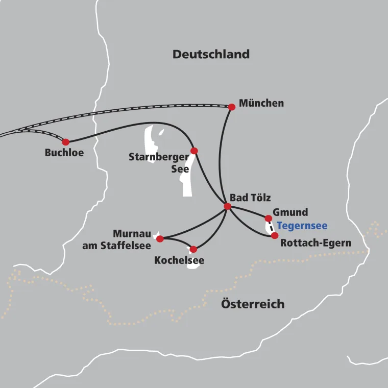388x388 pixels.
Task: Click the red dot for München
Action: (x=232, y=107)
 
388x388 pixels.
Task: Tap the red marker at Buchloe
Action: (x=65, y=142)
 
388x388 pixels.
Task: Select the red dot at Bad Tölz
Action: (x=228, y=206)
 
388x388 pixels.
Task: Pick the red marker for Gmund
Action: (x=269, y=219)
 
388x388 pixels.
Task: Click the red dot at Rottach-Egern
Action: (x=275, y=235)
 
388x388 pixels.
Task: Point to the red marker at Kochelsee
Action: (x=193, y=249)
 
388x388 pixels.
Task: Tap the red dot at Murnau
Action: (x=160, y=238)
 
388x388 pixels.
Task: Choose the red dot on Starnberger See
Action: (x=194, y=151)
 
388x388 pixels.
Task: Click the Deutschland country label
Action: (x=211, y=54)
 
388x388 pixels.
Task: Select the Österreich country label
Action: (x=253, y=304)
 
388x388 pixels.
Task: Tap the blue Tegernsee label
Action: (x=302, y=226)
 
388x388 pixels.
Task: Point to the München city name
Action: (x=261, y=104)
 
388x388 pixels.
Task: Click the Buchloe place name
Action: (x=64, y=153)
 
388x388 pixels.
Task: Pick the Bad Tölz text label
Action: (x=250, y=198)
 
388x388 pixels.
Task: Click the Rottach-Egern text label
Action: (x=316, y=243)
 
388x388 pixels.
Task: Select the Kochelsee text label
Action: (x=179, y=261)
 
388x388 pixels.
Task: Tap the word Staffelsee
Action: (x=128, y=246)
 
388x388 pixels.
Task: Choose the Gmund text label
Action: (x=290, y=212)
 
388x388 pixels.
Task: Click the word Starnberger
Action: (x=159, y=157)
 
